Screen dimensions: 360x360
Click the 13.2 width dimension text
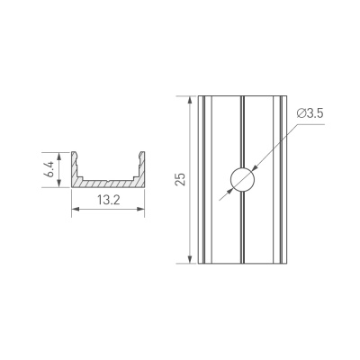109,200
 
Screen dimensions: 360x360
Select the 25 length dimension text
181,180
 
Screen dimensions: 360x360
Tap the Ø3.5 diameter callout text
309,114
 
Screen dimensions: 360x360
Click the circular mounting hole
242,179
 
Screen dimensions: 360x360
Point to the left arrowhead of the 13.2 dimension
74,210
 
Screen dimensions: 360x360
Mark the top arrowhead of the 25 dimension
190,96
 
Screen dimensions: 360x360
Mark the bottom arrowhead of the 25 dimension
190,262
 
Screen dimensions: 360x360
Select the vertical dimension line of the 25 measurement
190,216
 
